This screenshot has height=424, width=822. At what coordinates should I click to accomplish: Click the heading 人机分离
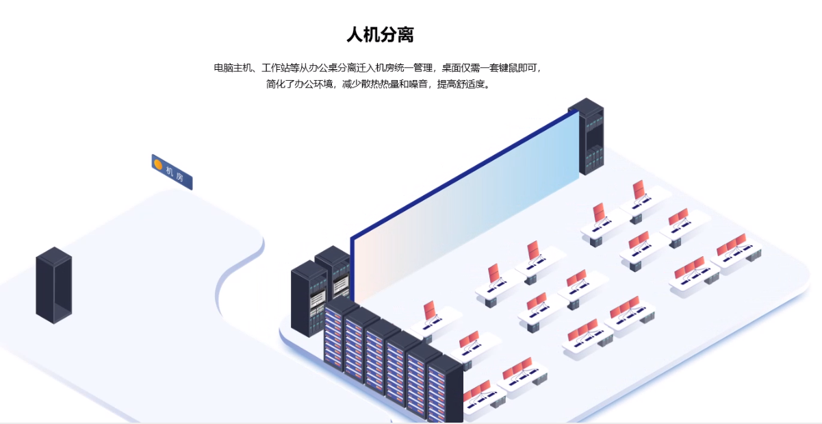pos(380,34)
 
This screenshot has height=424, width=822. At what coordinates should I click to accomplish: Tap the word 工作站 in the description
pos(276,68)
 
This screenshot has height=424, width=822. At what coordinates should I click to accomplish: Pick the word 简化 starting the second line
pos(275,84)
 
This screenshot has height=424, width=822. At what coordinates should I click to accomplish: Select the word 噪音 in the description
pos(418,84)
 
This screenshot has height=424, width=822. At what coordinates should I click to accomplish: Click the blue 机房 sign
pos(172,171)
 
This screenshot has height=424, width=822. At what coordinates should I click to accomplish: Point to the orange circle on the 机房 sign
pos(158,164)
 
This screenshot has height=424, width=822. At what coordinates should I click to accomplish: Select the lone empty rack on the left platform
pos(53,285)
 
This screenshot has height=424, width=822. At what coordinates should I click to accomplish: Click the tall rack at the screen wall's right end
pos(586,136)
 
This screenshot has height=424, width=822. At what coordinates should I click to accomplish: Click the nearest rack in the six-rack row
pos(445,390)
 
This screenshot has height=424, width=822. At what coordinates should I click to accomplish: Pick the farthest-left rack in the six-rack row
pos(341,335)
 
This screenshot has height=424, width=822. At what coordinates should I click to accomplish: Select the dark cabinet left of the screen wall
pos(309,298)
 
